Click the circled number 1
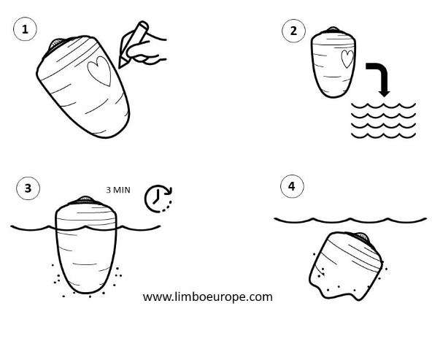(x=25, y=29)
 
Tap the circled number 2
(x=293, y=31)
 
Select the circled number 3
(x=28, y=188)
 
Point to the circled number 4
(x=292, y=186)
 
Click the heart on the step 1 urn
(x=100, y=71)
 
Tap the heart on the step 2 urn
(x=347, y=58)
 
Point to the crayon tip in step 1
(x=120, y=67)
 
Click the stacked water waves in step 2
(x=384, y=120)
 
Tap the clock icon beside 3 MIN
(x=158, y=199)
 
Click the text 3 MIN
(x=118, y=190)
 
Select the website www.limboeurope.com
(x=208, y=297)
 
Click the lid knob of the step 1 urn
(x=57, y=44)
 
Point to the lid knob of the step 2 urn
(x=333, y=29)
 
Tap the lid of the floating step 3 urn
(x=85, y=200)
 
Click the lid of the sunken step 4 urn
(x=361, y=237)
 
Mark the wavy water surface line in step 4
(x=350, y=220)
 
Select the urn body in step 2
(x=333, y=64)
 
